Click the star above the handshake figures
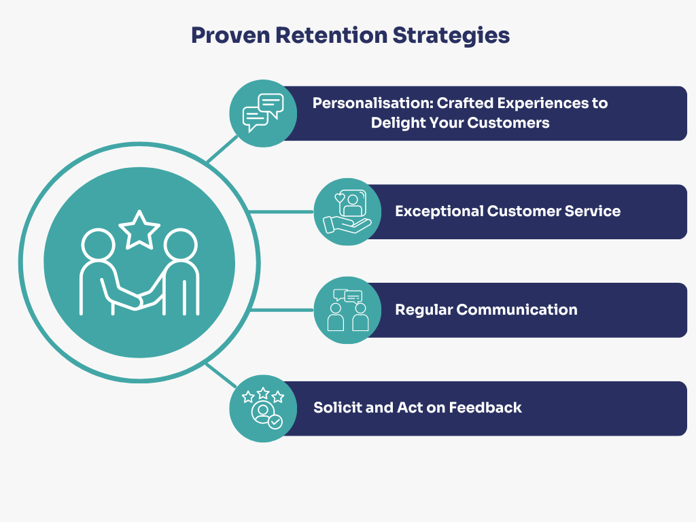(x=139, y=228)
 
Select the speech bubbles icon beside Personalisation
(x=263, y=113)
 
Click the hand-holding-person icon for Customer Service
(x=347, y=211)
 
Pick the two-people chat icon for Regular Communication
(x=347, y=310)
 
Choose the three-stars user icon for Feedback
(x=263, y=408)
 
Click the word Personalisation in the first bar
(x=371, y=103)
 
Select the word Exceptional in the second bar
(x=439, y=211)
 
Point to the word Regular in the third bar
(x=423, y=310)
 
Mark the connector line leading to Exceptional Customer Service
(x=282, y=211)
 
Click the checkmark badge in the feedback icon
(x=275, y=422)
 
